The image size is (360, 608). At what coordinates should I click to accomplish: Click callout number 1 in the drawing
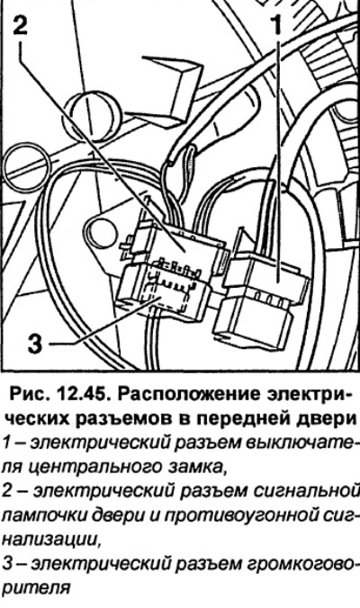pos(277,25)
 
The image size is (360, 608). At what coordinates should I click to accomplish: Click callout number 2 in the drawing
pos(21,23)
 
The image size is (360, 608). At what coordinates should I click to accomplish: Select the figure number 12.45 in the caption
pos(84,395)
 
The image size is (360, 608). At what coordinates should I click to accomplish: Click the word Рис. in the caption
pos(31,395)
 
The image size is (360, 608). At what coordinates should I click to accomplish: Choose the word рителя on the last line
pos(36,588)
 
